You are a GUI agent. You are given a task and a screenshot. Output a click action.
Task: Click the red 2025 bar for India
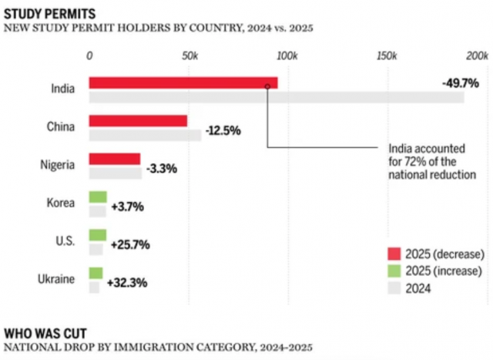click(183, 82)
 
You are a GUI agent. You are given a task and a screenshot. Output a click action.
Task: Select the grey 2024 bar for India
click(276, 97)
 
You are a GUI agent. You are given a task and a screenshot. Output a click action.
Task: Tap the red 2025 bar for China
click(138, 120)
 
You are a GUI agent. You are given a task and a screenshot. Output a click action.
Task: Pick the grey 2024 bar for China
click(145, 135)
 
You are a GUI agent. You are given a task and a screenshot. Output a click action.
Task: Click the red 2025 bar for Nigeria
click(115, 159)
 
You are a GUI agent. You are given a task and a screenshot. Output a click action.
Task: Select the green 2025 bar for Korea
click(97, 197)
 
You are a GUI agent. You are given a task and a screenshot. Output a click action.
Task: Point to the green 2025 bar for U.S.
click(97, 234)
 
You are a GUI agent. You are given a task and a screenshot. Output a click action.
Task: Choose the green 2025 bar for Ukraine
click(96, 272)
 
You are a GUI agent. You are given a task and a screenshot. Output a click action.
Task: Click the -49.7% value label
click(460, 82)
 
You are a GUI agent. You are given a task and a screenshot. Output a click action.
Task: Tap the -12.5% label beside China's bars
click(223, 130)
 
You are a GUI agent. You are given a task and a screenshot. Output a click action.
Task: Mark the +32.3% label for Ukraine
click(128, 282)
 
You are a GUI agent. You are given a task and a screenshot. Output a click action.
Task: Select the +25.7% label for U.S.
click(130, 244)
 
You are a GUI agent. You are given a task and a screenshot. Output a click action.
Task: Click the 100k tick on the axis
click(287, 56)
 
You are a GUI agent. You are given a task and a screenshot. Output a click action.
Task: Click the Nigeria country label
click(57, 164)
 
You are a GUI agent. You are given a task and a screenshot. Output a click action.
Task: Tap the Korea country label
click(60, 203)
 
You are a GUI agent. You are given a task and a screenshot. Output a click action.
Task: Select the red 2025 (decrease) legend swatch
click(395, 254)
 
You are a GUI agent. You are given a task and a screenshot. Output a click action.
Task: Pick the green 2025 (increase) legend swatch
click(395, 271)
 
